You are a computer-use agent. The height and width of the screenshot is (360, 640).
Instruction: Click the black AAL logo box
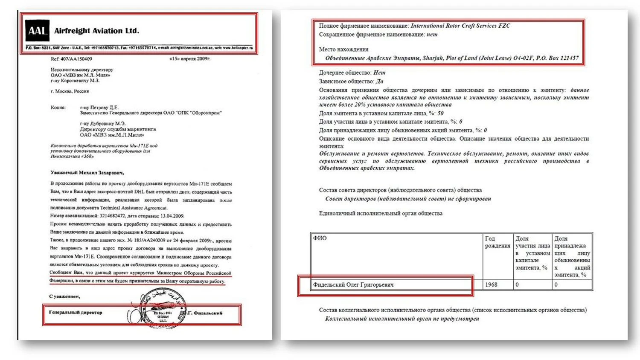pyautogui.click(x=38, y=31)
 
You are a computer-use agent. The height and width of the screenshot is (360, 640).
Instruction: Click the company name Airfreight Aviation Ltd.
pyautogui.click(x=96, y=31)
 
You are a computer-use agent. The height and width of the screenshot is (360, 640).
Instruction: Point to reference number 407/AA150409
pyautogui.click(x=71, y=59)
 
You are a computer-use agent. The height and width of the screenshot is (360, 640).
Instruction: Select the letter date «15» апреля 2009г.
pyautogui.click(x=189, y=58)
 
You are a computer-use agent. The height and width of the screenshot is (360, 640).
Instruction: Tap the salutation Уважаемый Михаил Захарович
pyautogui.click(x=87, y=173)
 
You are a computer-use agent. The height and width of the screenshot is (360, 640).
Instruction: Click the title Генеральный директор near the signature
pyautogui.click(x=76, y=312)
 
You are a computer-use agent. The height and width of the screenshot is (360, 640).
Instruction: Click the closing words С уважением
pyautogui.click(x=64, y=296)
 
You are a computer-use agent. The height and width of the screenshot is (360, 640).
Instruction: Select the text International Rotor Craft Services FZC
pyautogui.click(x=460, y=26)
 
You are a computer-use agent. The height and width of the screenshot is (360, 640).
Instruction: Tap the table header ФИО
pyautogui.click(x=320, y=238)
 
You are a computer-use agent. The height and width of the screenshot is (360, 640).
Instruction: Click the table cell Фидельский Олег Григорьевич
pyautogui.click(x=353, y=285)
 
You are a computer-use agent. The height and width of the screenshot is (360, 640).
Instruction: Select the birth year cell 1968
pyautogui.click(x=491, y=285)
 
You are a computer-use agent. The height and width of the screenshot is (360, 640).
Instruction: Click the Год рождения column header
pyautogui.click(x=497, y=242)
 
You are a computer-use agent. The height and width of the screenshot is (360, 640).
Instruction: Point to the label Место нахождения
pyautogui.click(x=343, y=49)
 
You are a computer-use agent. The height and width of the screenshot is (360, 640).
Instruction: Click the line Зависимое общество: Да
pyautogui.click(x=351, y=81)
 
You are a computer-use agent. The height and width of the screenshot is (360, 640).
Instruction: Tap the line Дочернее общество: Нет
pyautogui.click(x=352, y=73)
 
